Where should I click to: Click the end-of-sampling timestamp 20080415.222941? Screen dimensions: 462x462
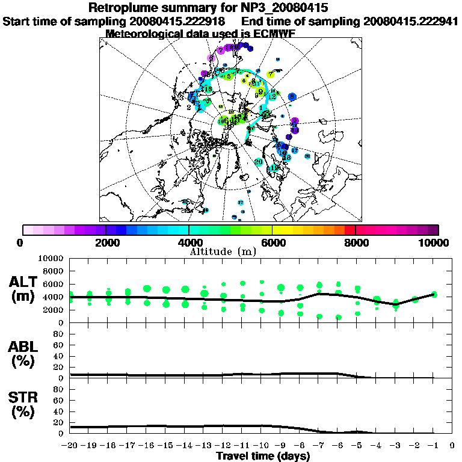pos(408,21)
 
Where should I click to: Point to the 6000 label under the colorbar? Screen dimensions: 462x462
pos(272,242)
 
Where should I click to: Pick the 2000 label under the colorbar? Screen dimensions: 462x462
pos(106,242)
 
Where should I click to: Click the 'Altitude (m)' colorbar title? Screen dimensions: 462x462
pos(224,251)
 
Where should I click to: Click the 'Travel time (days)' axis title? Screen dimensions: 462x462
pos(263,456)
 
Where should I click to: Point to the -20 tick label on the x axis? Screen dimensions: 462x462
pos(70,446)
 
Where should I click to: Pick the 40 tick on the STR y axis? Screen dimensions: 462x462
pos(59,411)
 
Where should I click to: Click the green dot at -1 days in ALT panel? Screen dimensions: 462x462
pos(434,295)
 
